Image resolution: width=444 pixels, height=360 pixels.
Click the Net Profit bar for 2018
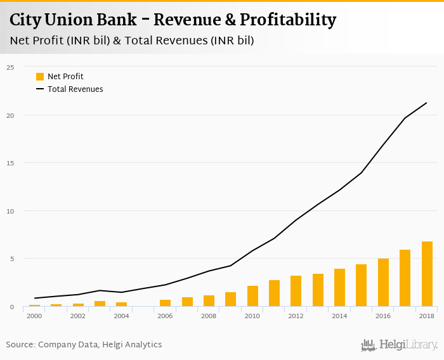click(x=427, y=274)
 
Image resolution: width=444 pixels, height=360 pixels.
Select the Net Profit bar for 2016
click(x=383, y=282)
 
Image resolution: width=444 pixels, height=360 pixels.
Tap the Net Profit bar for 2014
click(x=339, y=287)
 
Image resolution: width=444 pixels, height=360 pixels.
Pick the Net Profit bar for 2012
click(x=296, y=291)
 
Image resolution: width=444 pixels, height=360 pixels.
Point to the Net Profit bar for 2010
click(x=252, y=296)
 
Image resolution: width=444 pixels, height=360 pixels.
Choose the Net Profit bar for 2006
click(x=165, y=303)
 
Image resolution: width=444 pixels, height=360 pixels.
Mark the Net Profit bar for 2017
click(x=405, y=278)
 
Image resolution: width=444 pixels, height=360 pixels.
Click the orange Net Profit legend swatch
click(x=40, y=77)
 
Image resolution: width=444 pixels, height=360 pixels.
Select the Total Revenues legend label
click(x=75, y=89)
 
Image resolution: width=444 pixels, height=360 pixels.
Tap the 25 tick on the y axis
click(x=10, y=67)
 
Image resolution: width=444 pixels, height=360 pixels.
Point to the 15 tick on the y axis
click(x=10, y=163)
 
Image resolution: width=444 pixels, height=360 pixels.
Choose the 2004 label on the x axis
click(x=121, y=316)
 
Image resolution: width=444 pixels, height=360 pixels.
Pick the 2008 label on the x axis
click(x=209, y=316)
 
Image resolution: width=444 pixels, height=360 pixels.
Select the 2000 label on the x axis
click(x=34, y=316)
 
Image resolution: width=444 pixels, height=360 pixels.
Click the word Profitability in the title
click(x=288, y=20)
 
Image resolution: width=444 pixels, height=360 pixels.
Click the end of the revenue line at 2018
click(x=426, y=103)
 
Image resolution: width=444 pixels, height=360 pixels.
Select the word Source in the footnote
click(x=20, y=345)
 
